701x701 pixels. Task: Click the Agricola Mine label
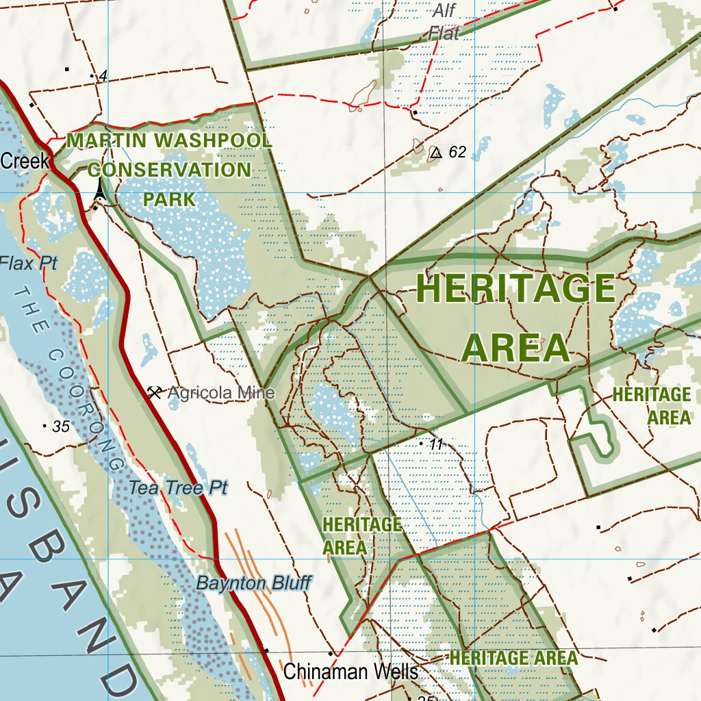point(220,393)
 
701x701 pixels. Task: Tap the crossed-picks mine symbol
point(155,392)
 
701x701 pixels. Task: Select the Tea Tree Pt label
point(178,487)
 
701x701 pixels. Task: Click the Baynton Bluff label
point(254,583)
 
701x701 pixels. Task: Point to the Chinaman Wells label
point(350,672)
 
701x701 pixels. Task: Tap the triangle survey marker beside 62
point(435,152)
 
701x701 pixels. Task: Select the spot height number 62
point(457,152)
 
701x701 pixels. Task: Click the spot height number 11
point(437,444)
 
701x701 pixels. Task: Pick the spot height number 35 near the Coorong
point(61,426)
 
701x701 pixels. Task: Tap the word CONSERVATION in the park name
point(169,170)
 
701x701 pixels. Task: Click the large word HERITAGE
point(515,288)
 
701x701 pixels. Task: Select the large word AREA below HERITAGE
point(515,348)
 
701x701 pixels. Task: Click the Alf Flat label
point(444,21)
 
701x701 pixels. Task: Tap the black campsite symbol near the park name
point(101,190)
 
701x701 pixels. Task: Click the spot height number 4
point(103,77)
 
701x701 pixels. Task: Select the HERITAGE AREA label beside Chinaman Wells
point(513,659)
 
